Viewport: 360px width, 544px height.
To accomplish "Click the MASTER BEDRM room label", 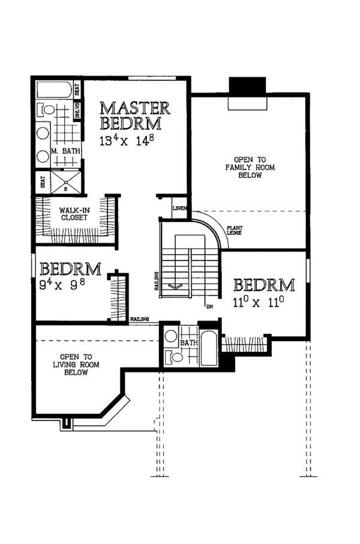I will (135, 116).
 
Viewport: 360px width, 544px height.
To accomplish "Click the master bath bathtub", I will (54, 90).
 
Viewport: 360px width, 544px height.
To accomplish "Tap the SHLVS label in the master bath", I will (78, 111).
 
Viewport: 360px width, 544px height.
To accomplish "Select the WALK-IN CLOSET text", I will (74, 214).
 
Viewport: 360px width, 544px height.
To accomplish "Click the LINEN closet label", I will (179, 208).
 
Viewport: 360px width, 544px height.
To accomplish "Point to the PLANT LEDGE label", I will (235, 230).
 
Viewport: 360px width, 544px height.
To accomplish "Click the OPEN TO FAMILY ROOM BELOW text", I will (250, 168).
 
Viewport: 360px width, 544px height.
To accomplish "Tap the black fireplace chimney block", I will (248, 86).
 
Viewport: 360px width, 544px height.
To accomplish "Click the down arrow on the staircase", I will (175, 286).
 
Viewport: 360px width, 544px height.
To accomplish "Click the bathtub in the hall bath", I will (209, 349).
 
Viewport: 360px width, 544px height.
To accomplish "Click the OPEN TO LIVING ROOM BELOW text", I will (76, 364).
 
